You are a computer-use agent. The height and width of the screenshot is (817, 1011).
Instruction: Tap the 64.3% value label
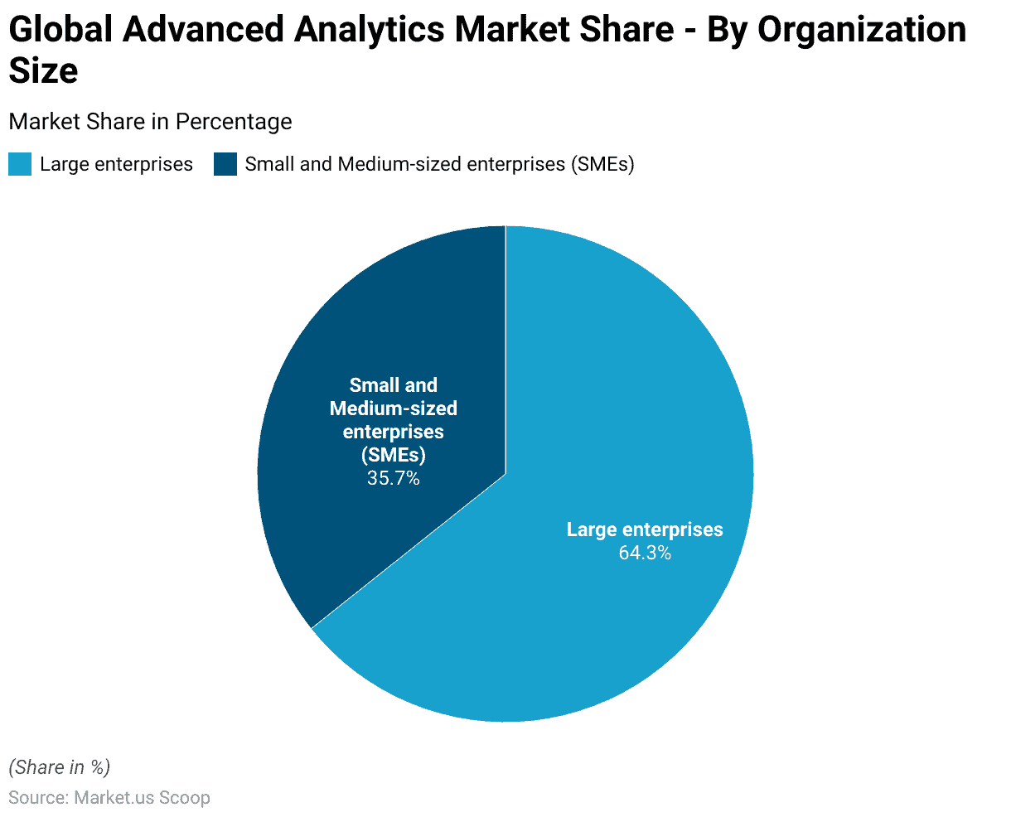pos(645,553)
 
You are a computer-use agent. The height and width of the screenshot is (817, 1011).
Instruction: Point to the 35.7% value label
pos(394,478)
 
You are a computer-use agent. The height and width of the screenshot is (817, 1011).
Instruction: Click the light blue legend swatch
pos(20,164)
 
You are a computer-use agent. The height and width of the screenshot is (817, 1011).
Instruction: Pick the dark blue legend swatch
pos(225,164)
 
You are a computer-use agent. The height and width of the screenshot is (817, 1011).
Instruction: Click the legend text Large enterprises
pos(116,164)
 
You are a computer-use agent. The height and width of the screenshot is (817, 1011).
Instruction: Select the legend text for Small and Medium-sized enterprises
pos(439,164)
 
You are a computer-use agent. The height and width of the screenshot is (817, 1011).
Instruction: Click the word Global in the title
pos(60,31)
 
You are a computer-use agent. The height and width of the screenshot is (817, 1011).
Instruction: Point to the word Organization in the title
pos(862,31)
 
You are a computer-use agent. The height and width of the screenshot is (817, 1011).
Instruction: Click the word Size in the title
pos(43,70)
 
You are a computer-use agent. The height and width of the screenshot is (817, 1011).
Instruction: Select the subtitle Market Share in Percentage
pos(150,122)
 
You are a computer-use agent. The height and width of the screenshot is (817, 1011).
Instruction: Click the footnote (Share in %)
pos(59,767)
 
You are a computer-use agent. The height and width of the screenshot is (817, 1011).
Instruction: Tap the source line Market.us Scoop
pos(109,798)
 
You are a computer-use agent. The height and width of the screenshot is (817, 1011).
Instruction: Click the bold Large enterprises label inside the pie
pos(645,529)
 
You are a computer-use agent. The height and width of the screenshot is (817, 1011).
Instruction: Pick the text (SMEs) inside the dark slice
pos(394,455)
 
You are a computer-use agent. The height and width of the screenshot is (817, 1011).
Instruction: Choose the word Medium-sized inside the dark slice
pos(394,408)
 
